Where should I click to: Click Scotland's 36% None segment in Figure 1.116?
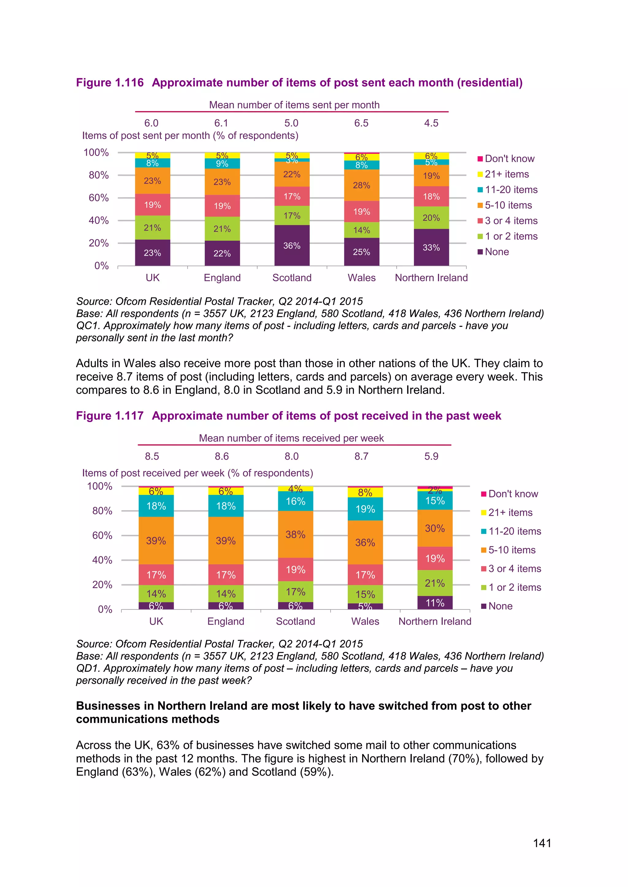(292, 245)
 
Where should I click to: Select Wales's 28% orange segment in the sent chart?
(361, 185)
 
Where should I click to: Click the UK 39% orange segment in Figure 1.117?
(156, 541)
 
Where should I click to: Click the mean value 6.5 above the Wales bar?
(361, 123)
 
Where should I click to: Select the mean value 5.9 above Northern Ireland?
(431, 456)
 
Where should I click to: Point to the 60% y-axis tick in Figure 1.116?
(99, 198)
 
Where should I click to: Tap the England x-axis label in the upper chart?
(222, 278)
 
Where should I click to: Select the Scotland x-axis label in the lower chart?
(295, 621)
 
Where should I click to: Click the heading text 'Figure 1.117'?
(109, 416)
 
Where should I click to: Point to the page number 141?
(542, 843)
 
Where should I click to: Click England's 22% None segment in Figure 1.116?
(222, 253)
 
